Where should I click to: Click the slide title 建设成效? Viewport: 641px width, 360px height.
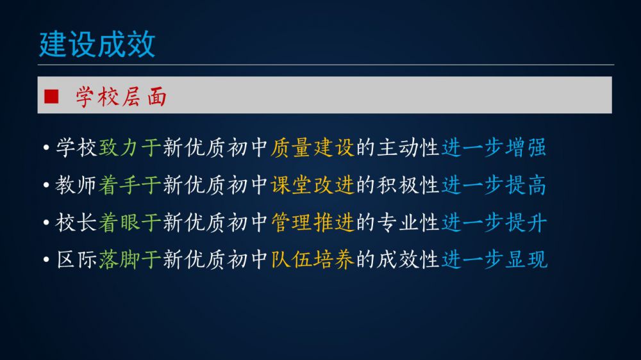pos(97,44)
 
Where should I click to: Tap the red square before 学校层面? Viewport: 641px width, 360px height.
pos(51,97)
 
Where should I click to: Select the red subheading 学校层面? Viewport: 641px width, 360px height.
pos(121,97)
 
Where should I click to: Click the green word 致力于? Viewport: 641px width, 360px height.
pos(129,147)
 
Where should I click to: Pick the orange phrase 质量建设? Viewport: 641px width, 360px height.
pos(312,147)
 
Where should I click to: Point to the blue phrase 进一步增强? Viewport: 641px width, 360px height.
pos(494,147)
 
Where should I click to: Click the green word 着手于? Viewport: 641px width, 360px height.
pos(129,185)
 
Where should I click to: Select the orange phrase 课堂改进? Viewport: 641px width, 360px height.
pos(312,185)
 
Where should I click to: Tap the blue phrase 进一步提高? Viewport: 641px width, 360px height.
pos(494,185)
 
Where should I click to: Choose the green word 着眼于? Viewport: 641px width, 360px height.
pos(129,223)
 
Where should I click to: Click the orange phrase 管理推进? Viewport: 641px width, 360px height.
pos(312,223)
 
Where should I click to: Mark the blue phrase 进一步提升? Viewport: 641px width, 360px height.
pos(494,223)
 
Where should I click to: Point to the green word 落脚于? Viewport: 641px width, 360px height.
pos(129,259)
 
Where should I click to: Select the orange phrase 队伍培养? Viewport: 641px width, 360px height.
pos(312,259)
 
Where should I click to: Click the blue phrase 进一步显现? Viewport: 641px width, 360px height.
pos(494,259)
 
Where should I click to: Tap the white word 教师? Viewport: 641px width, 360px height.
pos(76,185)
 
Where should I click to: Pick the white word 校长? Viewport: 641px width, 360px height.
pos(76,223)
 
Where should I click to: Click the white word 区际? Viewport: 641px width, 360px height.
pos(76,259)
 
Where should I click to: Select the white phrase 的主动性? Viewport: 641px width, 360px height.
pos(397,147)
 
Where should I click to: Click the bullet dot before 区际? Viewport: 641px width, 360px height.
pos(46,259)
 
